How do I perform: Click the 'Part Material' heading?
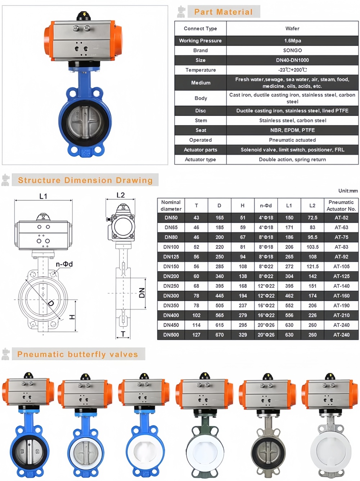pyautogui.click(x=223, y=12)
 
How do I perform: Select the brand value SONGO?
pyautogui.click(x=292, y=50)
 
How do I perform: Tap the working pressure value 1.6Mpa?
pyautogui.click(x=292, y=41)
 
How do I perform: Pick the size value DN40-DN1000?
pyautogui.click(x=292, y=60)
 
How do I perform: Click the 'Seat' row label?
pyautogui.click(x=201, y=130)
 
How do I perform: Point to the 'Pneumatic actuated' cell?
pyautogui.click(x=292, y=140)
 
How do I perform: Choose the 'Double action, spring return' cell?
pyautogui.click(x=292, y=159)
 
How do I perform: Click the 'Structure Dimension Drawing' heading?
pyautogui.click(x=85, y=180)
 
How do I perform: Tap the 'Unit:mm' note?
pyautogui.click(x=348, y=191)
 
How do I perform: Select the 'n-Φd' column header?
pyautogui.click(x=266, y=205)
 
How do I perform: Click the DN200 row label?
pyautogui.click(x=171, y=276)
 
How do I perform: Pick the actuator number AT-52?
pyautogui.click(x=341, y=218)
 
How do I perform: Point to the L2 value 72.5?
pyautogui.click(x=312, y=218)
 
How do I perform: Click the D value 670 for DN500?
pyautogui.click(x=219, y=335)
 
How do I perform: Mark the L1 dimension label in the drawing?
pyautogui.click(x=43, y=196)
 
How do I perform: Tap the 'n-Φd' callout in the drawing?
pyautogui.click(x=64, y=264)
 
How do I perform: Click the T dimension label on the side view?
pyautogui.click(x=123, y=334)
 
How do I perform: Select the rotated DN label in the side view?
pyautogui.click(x=142, y=293)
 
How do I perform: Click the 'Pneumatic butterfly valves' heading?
pyautogui.click(x=78, y=354)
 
